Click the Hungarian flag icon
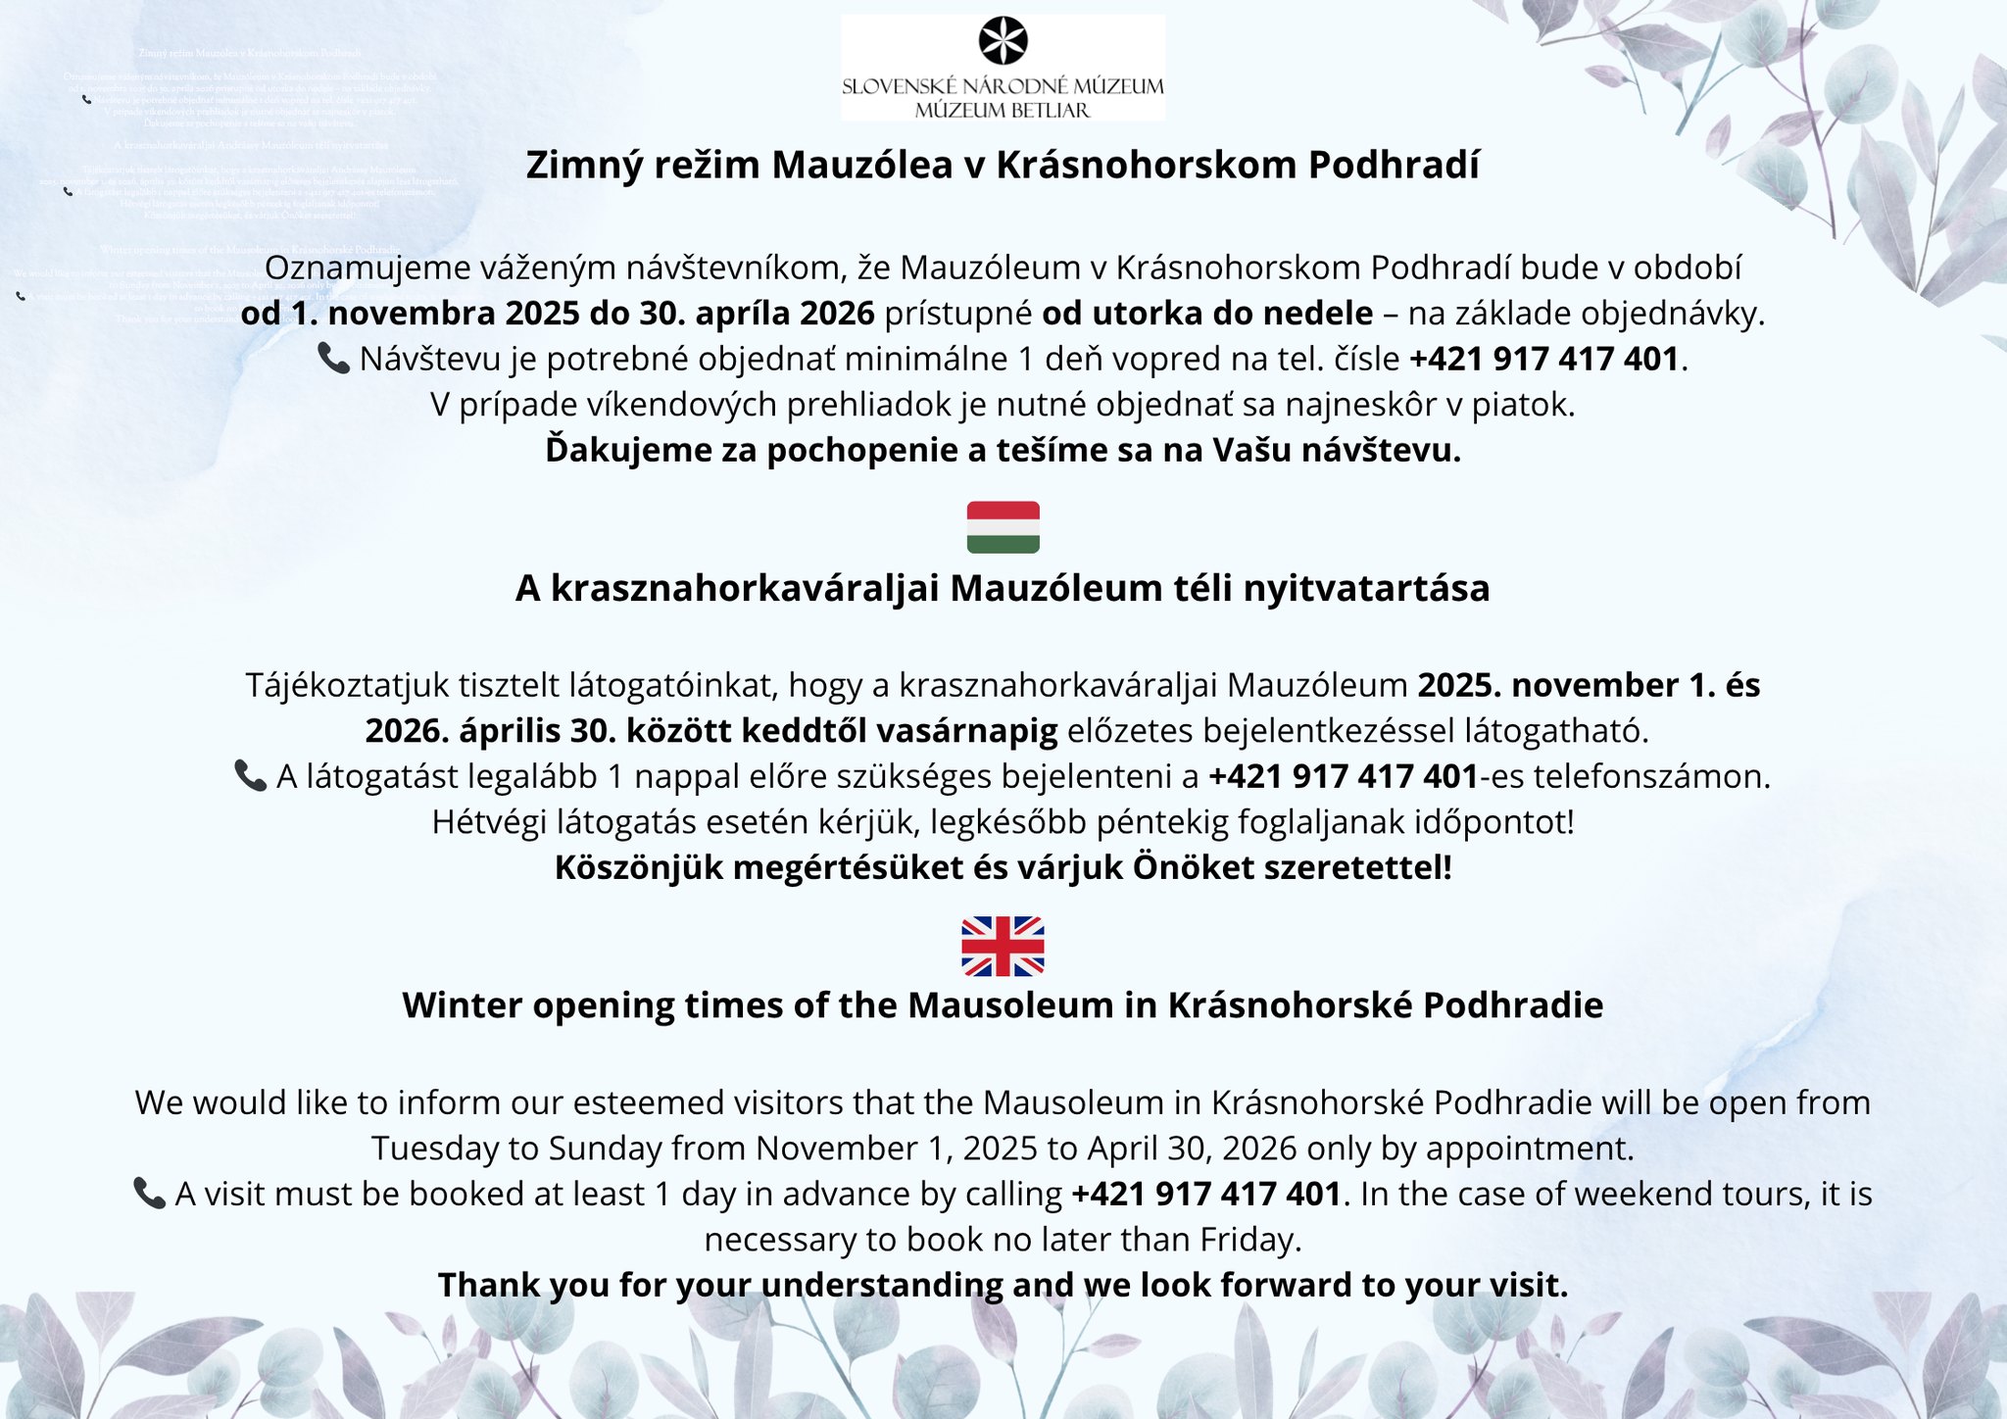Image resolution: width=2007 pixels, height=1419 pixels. [x=1003, y=527]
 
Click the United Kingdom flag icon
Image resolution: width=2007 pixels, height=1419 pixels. [x=1003, y=946]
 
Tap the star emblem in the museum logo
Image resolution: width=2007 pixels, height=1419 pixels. [x=1003, y=41]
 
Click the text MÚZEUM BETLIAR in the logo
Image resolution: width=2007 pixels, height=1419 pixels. [x=1003, y=110]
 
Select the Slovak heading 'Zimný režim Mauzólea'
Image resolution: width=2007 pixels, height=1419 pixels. [x=1003, y=165]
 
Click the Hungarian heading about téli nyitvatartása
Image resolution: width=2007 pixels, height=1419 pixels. [x=1003, y=588]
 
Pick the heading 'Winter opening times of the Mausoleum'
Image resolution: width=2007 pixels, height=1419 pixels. [x=1003, y=1005]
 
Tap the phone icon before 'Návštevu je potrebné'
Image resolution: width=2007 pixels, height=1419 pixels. [x=333, y=358]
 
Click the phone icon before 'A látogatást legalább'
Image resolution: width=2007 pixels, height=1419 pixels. [x=250, y=775]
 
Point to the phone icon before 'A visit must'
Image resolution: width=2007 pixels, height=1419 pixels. [x=149, y=1193]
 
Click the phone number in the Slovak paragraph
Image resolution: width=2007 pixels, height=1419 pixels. [x=1544, y=359]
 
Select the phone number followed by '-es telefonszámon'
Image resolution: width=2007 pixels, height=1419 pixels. [x=1343, y=776]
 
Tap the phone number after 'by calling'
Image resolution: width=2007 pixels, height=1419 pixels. [x=1206, y=1194]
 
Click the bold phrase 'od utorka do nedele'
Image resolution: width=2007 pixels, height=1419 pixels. [x=1207, y=313]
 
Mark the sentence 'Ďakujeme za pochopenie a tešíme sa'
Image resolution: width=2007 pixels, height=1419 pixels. [x=1003, y=450]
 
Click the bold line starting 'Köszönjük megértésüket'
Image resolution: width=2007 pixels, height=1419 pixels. [x=1003, y=867]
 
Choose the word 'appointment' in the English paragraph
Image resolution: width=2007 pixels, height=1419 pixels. [x=1527, y=1148]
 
